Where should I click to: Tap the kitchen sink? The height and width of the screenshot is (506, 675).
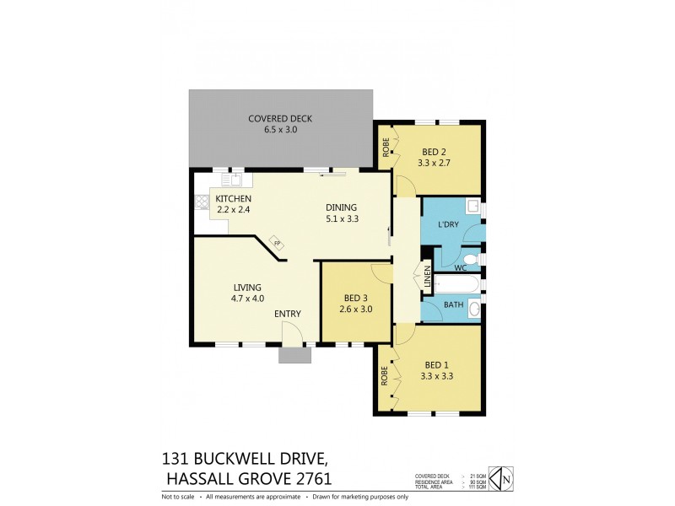coord(232,180)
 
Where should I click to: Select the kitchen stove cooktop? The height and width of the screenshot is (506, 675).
coord(202,202)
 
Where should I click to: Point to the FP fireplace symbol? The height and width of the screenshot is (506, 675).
coord(276,244)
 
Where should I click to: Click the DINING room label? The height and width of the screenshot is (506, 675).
coord(342,207)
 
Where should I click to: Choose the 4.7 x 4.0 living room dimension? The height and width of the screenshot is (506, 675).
coord(247,298)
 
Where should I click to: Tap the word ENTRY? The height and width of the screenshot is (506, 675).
coord(288,315)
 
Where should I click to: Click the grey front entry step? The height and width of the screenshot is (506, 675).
coord(294,355)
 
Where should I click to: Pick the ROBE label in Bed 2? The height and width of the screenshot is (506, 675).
coord(386,148)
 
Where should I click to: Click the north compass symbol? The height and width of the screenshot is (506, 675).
coord(500,478)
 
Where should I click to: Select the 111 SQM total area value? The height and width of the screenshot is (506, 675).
coord(478,487)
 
